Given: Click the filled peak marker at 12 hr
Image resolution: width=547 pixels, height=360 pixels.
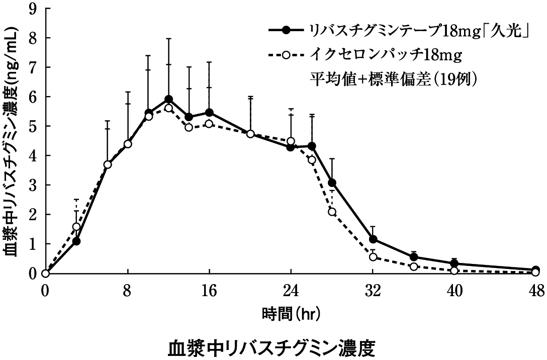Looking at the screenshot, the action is coord(168,100).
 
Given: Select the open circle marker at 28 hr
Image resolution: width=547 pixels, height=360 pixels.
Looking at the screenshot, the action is coord(332,212).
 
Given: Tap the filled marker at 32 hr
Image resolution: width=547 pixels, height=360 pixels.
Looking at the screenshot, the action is coord(373,239).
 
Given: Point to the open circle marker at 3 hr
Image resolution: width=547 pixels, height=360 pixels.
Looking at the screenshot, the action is coord(76,227).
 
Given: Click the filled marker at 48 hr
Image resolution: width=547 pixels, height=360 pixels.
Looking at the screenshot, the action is coord(536,269).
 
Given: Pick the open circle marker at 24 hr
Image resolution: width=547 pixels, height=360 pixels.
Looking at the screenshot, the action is coord(291,141).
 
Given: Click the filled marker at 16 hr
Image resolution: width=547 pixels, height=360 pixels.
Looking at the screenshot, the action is coord(209,112).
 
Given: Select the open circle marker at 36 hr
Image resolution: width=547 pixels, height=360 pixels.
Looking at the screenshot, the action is coord(414,266).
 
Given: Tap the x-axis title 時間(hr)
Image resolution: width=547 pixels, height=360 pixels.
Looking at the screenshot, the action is coord(291,315).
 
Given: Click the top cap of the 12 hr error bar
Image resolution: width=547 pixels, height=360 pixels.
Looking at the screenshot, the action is coord(168,38).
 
